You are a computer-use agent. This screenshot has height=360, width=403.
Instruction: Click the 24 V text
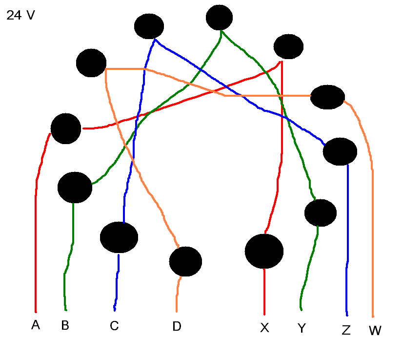click(x=20, y=16)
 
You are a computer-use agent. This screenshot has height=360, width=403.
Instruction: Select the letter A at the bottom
click(x=35, y=325)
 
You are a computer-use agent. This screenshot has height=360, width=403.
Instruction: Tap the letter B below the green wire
click(x=65, y=325)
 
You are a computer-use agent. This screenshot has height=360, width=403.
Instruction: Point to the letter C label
click(x=114, y=326)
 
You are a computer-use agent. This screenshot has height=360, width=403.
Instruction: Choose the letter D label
click(x=177, y=326)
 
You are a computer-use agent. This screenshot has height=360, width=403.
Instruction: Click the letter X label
click(x=264, y=328)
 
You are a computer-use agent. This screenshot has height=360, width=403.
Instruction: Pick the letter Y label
click(x=302, y=329)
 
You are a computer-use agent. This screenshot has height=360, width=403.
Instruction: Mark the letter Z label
click(x=346, y=331)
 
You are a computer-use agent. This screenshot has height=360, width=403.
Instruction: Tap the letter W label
click(x=375, y=331)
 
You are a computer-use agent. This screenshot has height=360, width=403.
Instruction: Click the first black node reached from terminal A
click(x=65, y=128)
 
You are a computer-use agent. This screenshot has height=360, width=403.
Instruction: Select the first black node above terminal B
click(x=75, y=187)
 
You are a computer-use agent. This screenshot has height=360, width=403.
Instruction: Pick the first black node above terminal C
click(x=119, y=237)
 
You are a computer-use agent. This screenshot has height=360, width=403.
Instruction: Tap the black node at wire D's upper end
click(x=185, y=261)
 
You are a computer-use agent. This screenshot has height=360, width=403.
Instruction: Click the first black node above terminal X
click(x=264, y=251)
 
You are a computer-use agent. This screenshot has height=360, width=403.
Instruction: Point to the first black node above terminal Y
click(x=320, y=213)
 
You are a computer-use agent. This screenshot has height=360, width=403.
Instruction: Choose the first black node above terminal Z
click(x=340, y=151)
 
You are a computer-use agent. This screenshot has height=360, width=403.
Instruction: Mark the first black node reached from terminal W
click(x=327, y=97)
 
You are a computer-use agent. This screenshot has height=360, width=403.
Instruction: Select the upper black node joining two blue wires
click(x=149, y=26)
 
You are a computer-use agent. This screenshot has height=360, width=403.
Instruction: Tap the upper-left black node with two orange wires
click(x=91, y=63)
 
